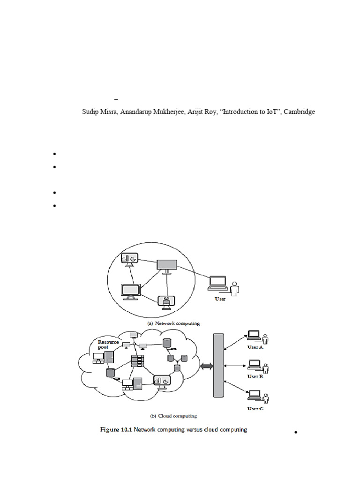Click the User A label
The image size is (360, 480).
[255, 347]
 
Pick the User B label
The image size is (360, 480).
[255, 376]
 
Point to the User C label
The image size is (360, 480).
[255, 409]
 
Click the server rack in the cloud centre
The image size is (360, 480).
[137, 362]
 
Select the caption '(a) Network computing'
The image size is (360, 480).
[173, 323]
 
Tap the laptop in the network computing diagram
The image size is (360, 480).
[218, 283]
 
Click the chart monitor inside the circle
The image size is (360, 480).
[128, 259]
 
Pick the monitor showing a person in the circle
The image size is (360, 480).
[166, 303]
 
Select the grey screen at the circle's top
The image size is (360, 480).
[166, 265]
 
